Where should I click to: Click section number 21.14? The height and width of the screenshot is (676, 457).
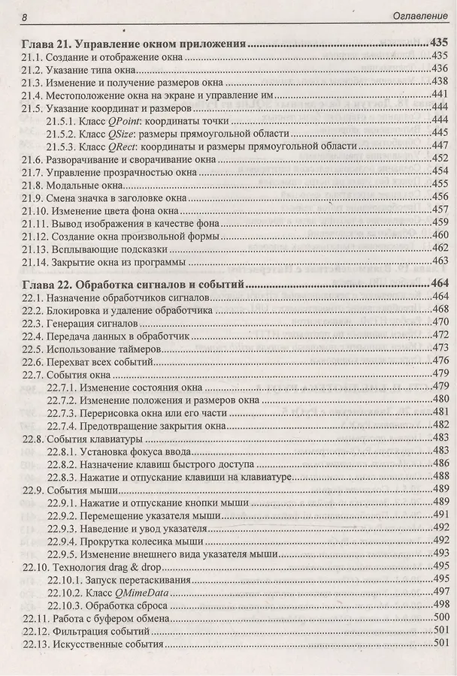36,261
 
